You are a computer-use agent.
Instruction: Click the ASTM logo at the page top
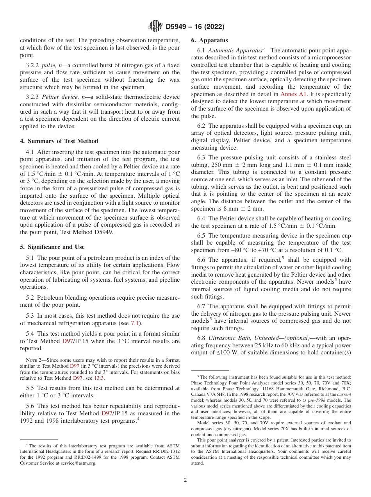tap(155, 27)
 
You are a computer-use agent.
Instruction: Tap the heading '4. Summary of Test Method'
tap(59, 141)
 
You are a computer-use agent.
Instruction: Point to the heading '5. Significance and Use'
tap(52, 247)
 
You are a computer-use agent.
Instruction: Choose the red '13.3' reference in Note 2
tap(100, 378)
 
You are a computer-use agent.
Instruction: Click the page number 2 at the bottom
tap(185, 480)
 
